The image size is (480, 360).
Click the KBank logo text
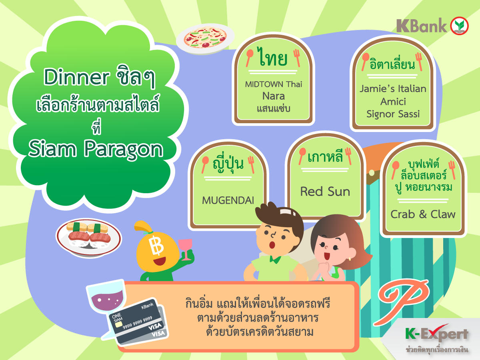pos(422,26)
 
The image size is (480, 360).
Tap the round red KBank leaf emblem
pos(459,26)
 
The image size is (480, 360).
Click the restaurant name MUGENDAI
pos(228,200)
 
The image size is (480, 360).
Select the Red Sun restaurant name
pos(325,192)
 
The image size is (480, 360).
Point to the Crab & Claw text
pos(423,214)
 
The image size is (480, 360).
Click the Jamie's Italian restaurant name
pos(393,89)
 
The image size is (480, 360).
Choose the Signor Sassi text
pos(393,114)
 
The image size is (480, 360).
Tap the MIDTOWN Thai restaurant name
pos(273,84)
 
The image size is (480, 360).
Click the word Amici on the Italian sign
pos(393,102)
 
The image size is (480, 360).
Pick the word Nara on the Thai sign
pos(273,96)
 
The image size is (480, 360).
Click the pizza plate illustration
pos(205,39)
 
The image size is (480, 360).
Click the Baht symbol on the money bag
pos(156,246)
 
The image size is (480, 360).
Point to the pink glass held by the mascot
pos(186,249)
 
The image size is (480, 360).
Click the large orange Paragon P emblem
pos(401,302)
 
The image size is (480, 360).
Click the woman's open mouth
pos(327,256)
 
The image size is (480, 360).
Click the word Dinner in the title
pos(76,77)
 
